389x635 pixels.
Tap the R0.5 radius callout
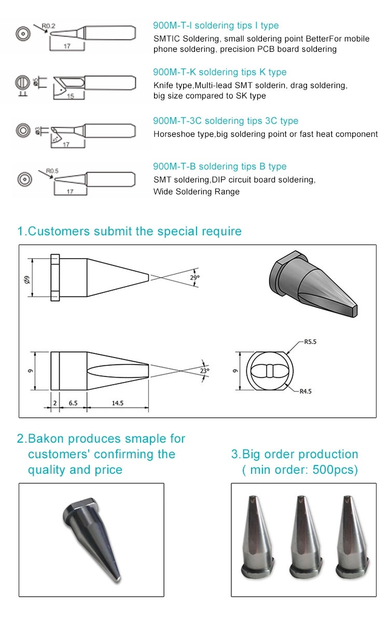(52, 170)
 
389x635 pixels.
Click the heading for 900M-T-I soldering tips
(215, 25)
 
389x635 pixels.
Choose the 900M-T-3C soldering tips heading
(226, 121)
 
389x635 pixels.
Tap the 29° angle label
(195, 277)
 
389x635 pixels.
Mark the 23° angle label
(205, 371)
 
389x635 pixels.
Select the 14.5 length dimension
(117, 403)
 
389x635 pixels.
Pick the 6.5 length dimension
(73, 403)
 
